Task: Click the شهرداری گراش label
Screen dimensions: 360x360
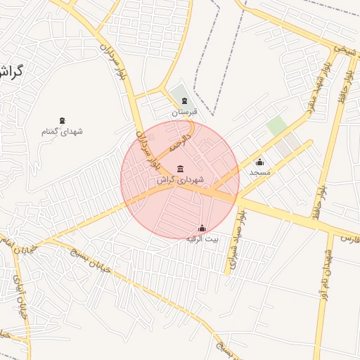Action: [x=180, y=180]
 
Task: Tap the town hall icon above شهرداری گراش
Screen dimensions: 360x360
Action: [x=181, y=168]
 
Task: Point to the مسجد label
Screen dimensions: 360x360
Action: [x=259, y=172]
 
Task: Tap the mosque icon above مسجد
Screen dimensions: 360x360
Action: [x=259, y=162]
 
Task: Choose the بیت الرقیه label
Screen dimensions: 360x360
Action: [x=202, y=239]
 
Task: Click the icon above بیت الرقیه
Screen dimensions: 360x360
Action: [x=202, y=228]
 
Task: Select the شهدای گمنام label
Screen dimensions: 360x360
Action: [x=63, y=131]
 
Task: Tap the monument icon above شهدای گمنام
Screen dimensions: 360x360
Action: [x=63, y=120]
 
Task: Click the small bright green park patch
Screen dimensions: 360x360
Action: [x=276, y=126]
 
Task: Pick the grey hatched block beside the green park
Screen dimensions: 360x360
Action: [x=288, y=146]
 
